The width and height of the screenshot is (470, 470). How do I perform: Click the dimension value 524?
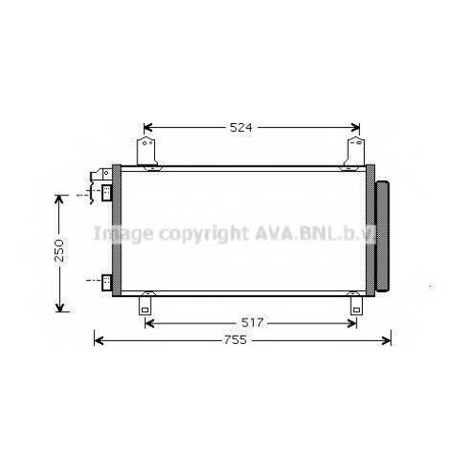click(241, 128)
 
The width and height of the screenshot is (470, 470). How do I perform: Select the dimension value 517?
click(252, 322)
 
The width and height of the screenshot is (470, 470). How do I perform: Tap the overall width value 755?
click(235, 340)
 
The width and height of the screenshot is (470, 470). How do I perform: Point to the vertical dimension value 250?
click(59, 250)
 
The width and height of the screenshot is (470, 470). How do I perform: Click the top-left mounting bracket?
click(147, 152)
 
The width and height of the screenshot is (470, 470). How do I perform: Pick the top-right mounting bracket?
click(354, 151)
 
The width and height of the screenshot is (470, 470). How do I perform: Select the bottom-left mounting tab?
click(145, 305)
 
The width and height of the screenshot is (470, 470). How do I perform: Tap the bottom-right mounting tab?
click(356, 305)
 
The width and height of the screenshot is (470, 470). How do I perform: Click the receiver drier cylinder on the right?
click(383, 236)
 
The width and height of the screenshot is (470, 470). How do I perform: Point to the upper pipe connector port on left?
click(106, 193)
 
